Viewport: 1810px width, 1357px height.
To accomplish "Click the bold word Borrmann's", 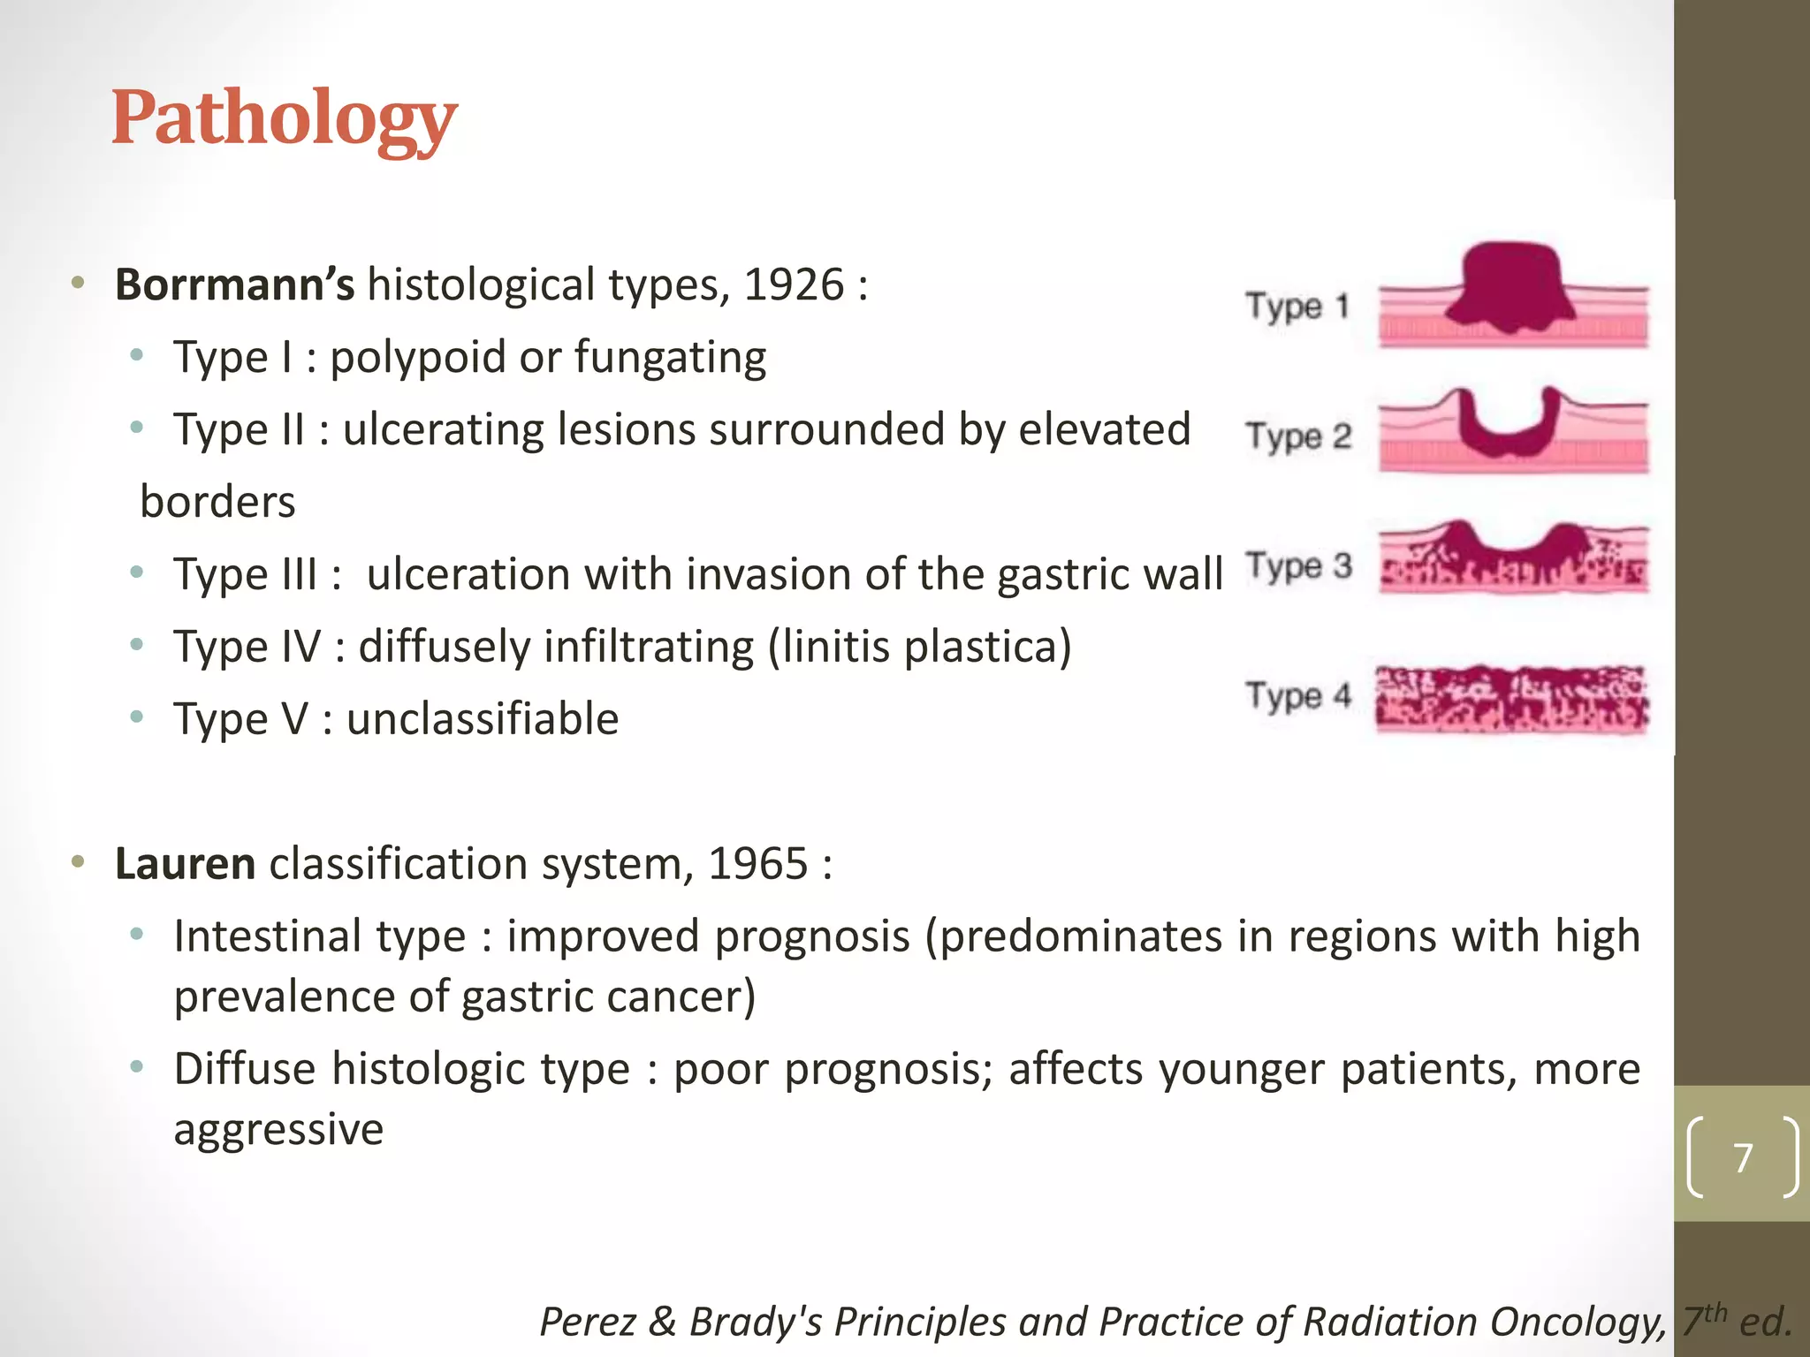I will point(234,284).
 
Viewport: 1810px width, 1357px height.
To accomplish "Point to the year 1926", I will point(794,284).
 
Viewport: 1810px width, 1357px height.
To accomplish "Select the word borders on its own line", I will point(217,502).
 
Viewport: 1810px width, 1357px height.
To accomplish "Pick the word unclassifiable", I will point(483,718).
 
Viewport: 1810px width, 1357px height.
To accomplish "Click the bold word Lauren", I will point(185,863).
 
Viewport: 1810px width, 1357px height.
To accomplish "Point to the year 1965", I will point(758,863).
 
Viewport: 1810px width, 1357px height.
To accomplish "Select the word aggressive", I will point(278,1129).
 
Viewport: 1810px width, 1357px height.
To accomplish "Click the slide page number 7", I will point(1743,1157).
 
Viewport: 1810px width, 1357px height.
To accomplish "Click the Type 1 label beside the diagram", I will point(1297,307).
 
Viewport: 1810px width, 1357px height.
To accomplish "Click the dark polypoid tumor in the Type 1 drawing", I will point(1512,287).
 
